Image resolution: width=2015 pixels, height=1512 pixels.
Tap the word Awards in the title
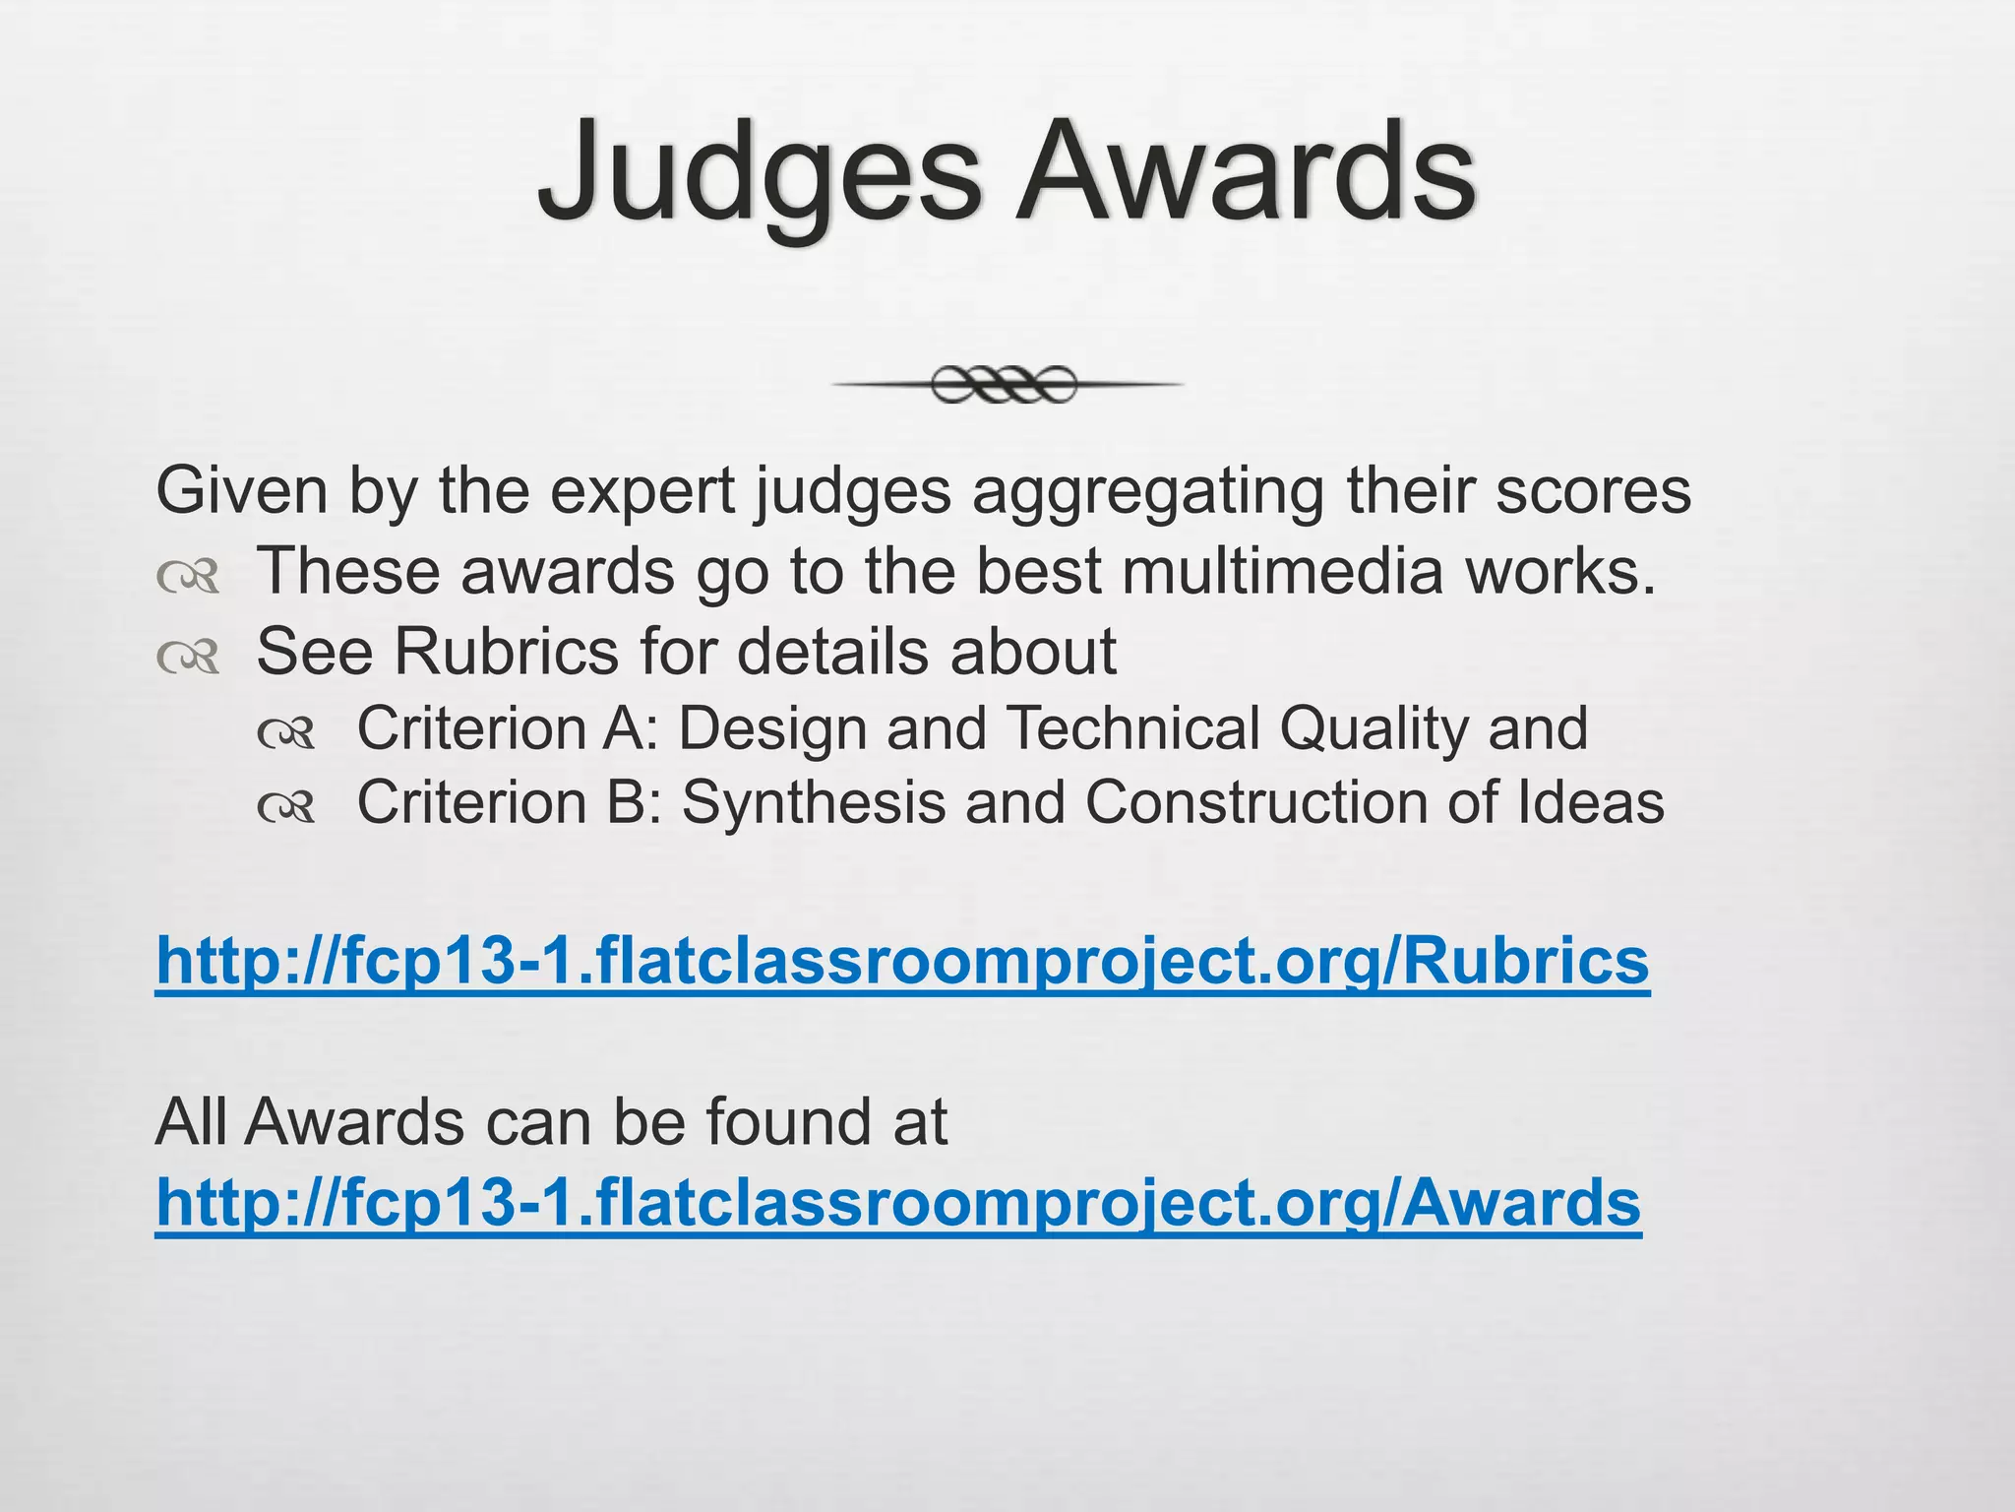click(x=1245, y=172)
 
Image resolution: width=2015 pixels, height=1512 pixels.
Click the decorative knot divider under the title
click(x=1005, y=384)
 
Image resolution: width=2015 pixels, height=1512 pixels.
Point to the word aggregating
click(x=1148, y=492)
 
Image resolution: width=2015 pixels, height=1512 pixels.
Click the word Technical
click(x=1132, y=728)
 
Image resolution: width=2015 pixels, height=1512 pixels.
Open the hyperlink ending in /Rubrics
click(x=902, y=962)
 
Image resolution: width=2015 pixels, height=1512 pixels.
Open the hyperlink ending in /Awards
click(x=898, y=1204)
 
